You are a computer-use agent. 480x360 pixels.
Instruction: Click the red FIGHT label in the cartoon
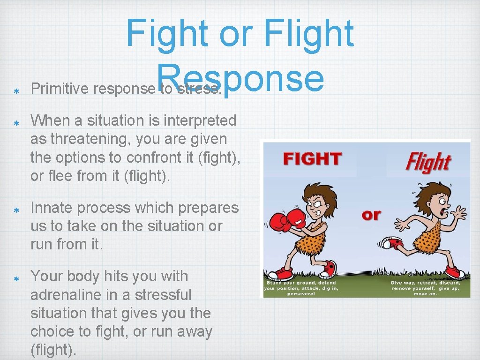[313, 159]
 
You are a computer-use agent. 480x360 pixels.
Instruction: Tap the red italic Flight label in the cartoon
[427, 162]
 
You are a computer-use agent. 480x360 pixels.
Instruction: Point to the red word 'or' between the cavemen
[371, 215]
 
